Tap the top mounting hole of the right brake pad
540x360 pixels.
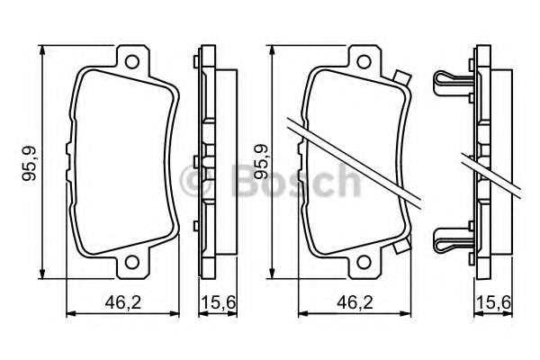pyautogui.click(x=365, y=64)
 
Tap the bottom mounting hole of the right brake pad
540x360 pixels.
pyautogui.click(x=365, y=264)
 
